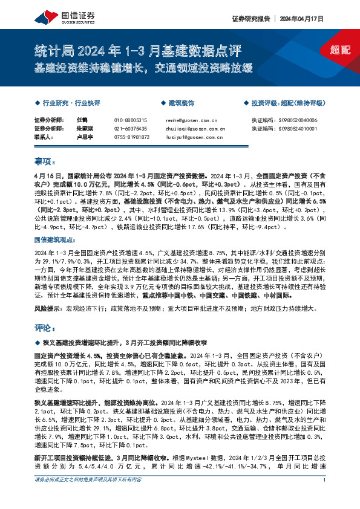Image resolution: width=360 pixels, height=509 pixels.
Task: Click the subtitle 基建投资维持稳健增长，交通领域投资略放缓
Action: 143,67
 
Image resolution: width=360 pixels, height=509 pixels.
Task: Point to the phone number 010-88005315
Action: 130,121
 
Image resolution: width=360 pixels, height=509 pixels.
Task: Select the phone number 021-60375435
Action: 130,129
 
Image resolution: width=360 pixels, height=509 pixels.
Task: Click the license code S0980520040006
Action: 302,121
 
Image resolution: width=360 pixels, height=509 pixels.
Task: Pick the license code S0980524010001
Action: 302,129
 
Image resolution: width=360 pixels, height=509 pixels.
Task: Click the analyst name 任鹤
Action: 82,121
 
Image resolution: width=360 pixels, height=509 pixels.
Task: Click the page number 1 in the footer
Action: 325,497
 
